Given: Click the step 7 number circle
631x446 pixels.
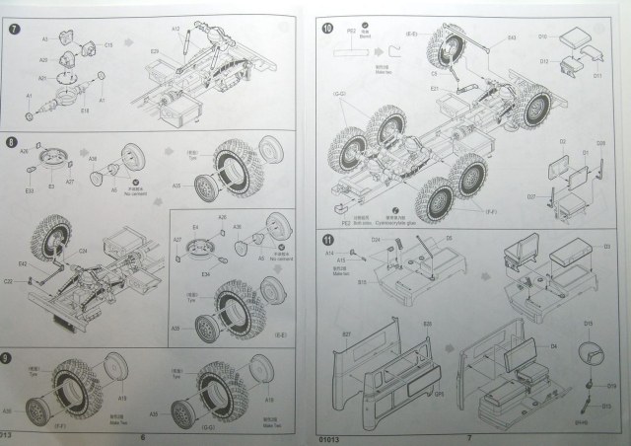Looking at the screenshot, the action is (x=14, y=28).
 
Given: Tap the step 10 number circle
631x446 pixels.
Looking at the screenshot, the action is (x=327, y=31).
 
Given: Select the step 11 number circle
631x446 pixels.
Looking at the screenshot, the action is (x=327, y=240).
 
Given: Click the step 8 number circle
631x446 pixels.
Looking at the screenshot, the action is (x=13, y=143).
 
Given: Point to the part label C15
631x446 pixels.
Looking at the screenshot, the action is (x=108, y=44).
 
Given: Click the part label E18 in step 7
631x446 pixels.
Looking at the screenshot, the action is (x=85, y=110).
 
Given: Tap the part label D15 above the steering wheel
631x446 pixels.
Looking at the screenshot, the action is (x=587, y=324).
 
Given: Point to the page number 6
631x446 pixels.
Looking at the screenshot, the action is (x=144, y=437).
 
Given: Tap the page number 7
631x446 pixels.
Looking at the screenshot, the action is (x=469, y=437).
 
